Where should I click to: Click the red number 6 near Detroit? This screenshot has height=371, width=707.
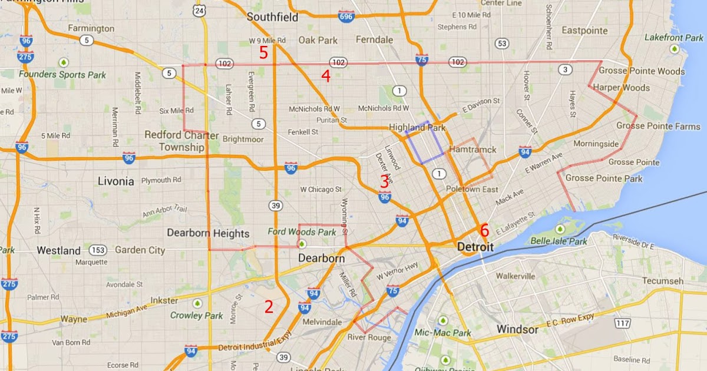coord(484,230)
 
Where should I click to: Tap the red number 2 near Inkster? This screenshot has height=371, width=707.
coord(269,306)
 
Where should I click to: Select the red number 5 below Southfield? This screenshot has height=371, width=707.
coord(263,52)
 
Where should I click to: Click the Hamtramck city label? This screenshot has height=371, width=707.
coord(473,150)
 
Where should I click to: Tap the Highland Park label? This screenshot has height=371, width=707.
coord(418,127)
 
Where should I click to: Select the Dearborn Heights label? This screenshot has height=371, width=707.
coord(208,233)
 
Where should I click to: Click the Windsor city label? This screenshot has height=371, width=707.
coord(517,329)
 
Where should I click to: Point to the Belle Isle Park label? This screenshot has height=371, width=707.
coord(559,241)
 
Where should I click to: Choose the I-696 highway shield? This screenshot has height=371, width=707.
coord(346,16)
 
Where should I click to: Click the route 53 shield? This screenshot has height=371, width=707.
coord(502,43)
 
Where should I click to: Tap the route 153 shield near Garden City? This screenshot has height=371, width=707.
coord(98,250)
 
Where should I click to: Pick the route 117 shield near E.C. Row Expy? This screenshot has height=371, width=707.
coord(622,323)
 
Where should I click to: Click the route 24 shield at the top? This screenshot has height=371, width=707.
coord(201,11)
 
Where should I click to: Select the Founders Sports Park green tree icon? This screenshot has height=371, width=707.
coord(62,62)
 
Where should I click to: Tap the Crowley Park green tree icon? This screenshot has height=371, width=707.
coord(197,303)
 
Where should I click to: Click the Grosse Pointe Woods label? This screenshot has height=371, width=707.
coord(642,72)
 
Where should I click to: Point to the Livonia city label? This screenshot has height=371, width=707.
coord(115,181)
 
